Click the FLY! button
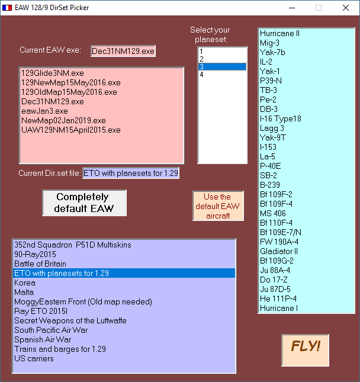tap(305, 350)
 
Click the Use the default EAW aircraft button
tap(218, 206)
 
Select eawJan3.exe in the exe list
tap(44, 111)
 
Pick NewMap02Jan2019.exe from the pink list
tap(63, 121)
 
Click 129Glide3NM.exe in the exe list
tap(52, 73)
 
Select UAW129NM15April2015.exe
tap(71, 130)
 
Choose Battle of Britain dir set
tap(40, 264)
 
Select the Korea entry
tap(25, 283)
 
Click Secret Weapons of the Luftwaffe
tap(70, 320)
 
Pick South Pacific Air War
tap(51, 330)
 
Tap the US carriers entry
tap(34, 359)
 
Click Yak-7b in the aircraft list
tap(272, 52)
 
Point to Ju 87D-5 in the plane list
tap(275, 289)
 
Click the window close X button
tap(346, 8)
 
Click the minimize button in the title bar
tap(292, 8)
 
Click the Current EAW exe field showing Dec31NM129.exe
tap(123, 51)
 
